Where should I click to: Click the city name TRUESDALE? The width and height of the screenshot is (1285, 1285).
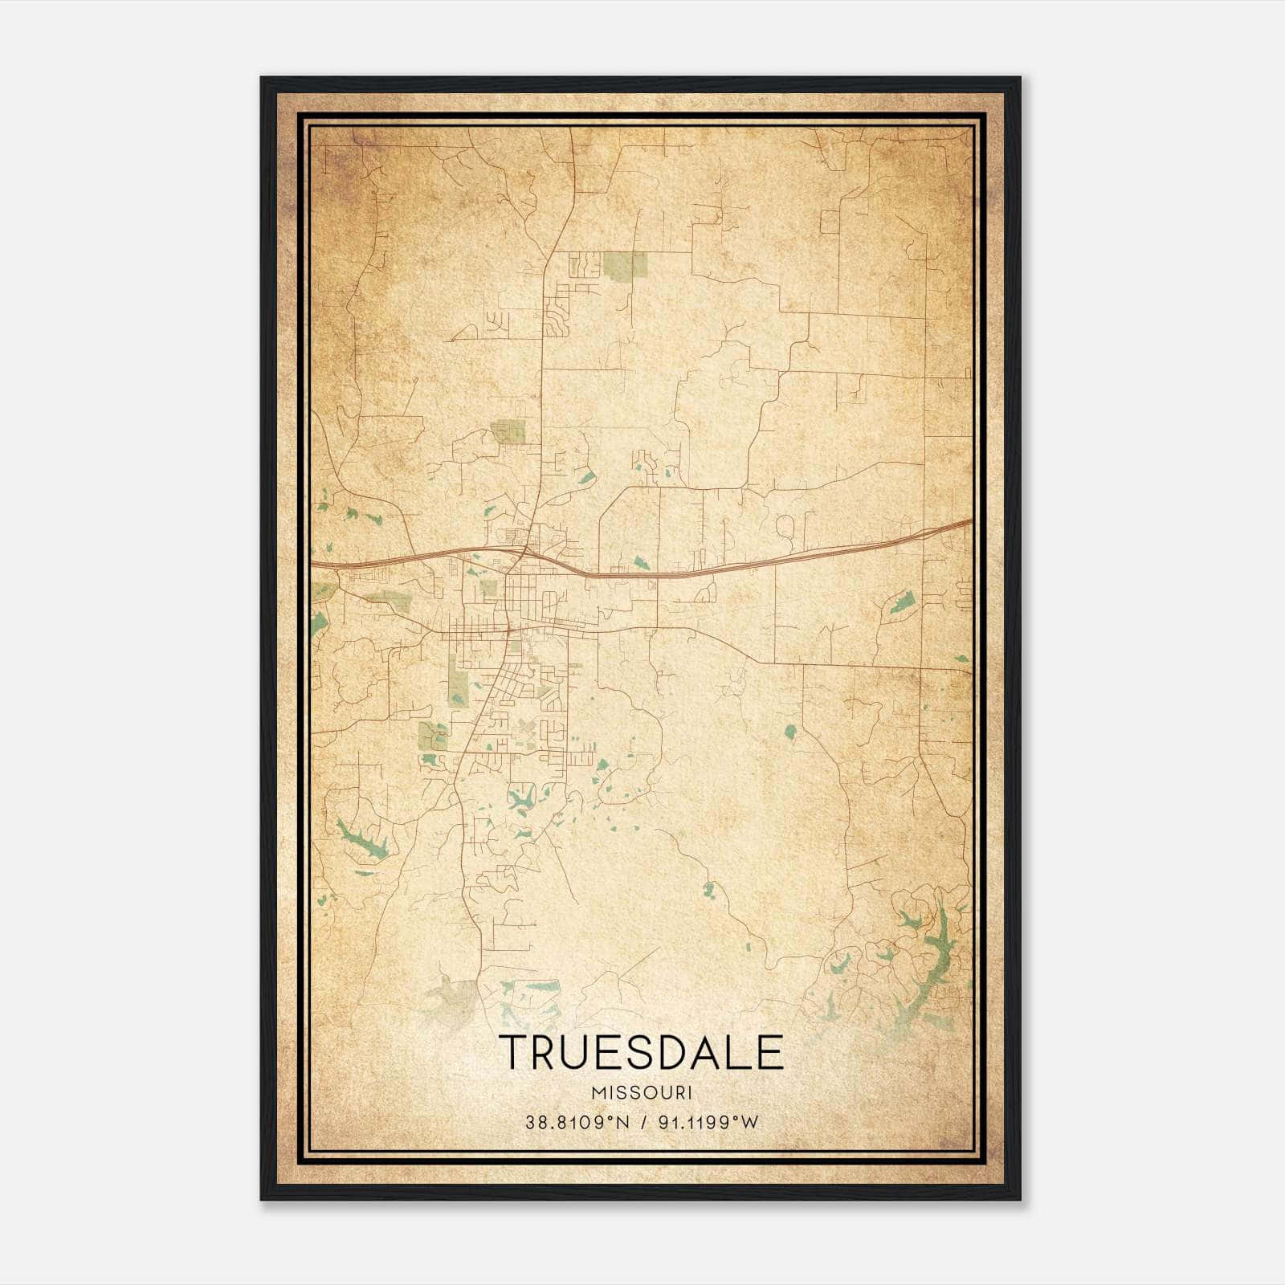[640, 1052]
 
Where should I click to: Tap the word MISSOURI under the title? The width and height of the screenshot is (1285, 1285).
[641, 1093]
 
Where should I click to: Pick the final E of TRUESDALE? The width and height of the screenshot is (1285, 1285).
[769, 1052]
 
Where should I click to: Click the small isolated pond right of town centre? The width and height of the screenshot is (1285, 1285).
[789, 732]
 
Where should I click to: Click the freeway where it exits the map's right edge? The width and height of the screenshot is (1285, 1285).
[968, 522]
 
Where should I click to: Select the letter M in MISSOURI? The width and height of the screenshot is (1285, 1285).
[596, 1093]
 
